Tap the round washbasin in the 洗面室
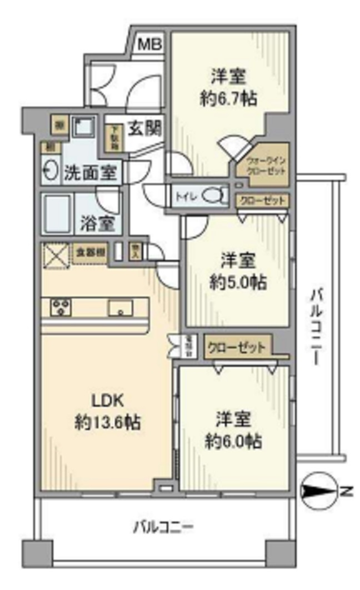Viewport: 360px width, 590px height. point(51,172)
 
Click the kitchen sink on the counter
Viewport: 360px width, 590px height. point(121,307)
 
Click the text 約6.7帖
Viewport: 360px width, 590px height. point(228,99)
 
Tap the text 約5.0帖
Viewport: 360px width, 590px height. point(238,282)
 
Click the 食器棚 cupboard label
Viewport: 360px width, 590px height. point(91,251)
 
